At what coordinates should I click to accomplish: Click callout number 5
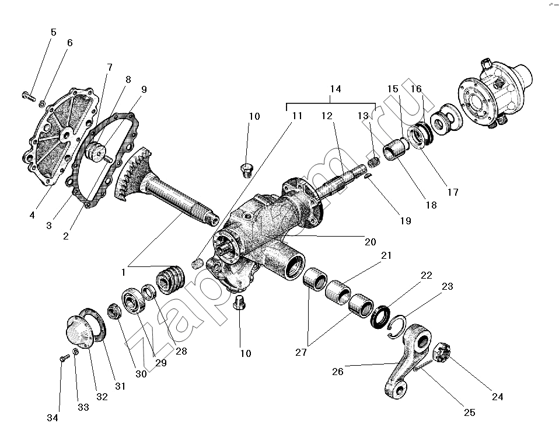(x=54, y=32)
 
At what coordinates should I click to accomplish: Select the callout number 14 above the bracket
(x=335, y=89)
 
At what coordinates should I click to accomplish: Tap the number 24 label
(x=497, y=397)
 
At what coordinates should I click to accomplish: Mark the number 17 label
(x=453, y=192)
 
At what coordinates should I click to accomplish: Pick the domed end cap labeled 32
(x=79, y=331)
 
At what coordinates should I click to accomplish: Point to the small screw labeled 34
(x=61, y=359)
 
